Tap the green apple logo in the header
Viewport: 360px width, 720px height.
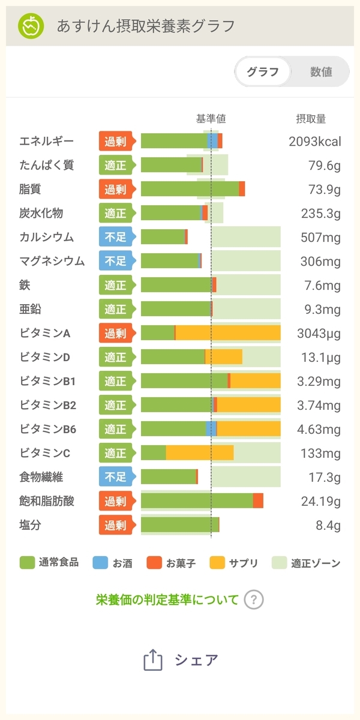pyautogui.click(x=31, y=26)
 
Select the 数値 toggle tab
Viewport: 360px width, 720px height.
pyautogui.click(x=321, y=71)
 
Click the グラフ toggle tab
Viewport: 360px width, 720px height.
pyautogui.click(x=263, y=71)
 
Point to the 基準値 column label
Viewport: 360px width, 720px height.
pyautogui.click(x=211, y=119)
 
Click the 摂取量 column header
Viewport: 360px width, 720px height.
pyautogui.click(x=311, y=119)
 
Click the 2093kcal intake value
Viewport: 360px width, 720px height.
pyautogui.click(x=315, y=142)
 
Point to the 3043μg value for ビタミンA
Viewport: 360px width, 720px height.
pyautogui.click(x=319, y=334)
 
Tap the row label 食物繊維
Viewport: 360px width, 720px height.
pyautogui.click(x=41, y=477)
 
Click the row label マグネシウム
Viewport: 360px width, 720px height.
pyautogui.click(x=52, y=261)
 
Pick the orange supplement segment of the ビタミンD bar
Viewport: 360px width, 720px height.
pyautogui.click(x=224, y=357)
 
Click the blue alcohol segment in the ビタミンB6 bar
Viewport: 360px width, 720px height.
pyautogui.click(x=211, y=429)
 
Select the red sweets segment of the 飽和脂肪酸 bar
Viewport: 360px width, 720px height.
pyautogui.click(x=258, y=501)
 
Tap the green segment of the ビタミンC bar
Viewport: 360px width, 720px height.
pyautogui.click(x=154, y=453)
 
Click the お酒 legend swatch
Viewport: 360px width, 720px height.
pyautogui.click(x=100, y=563)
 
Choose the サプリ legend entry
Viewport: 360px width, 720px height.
pyautogui.click(x=233, y=563)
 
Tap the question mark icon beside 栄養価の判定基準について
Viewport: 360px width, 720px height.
pyautogui.click(x=254, y=600)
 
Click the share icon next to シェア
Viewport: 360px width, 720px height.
pyautogui.click(x=152, y=659)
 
